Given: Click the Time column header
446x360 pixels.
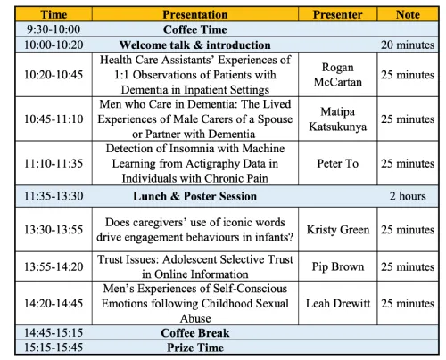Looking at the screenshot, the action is coord(54,14).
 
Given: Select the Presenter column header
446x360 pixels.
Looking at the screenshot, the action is coord(337,14).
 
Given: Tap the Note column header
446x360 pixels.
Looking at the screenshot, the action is coord(408,14).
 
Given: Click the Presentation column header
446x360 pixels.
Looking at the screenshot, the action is coord(195,14).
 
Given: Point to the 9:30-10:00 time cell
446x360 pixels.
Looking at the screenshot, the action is coord(54,29).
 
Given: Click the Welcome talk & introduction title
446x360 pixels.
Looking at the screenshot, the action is coord(195,45).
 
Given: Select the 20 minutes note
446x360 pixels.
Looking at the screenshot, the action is coord(408,45).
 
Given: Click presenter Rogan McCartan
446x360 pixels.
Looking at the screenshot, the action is coord(338,75).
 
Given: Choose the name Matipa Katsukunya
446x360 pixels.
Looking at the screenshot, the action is coord(338,119).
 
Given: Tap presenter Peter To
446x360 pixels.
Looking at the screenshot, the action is coord(338,163).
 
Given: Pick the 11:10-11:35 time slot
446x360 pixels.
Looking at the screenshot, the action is coord(54,163).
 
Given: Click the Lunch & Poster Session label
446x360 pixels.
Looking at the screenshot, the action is coord(195,196).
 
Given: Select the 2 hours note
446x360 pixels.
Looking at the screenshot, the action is coord(408,196).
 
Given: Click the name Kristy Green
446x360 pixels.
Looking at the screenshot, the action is coord(338,230).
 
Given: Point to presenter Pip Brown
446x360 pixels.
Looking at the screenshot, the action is coord(338,266).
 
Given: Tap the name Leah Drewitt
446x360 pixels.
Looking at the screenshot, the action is coord(338,303).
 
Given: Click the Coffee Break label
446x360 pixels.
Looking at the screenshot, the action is coord(195,333).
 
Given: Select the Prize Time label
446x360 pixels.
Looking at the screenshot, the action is coord(195,348).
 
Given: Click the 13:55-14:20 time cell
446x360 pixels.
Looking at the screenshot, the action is coord(54,266).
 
